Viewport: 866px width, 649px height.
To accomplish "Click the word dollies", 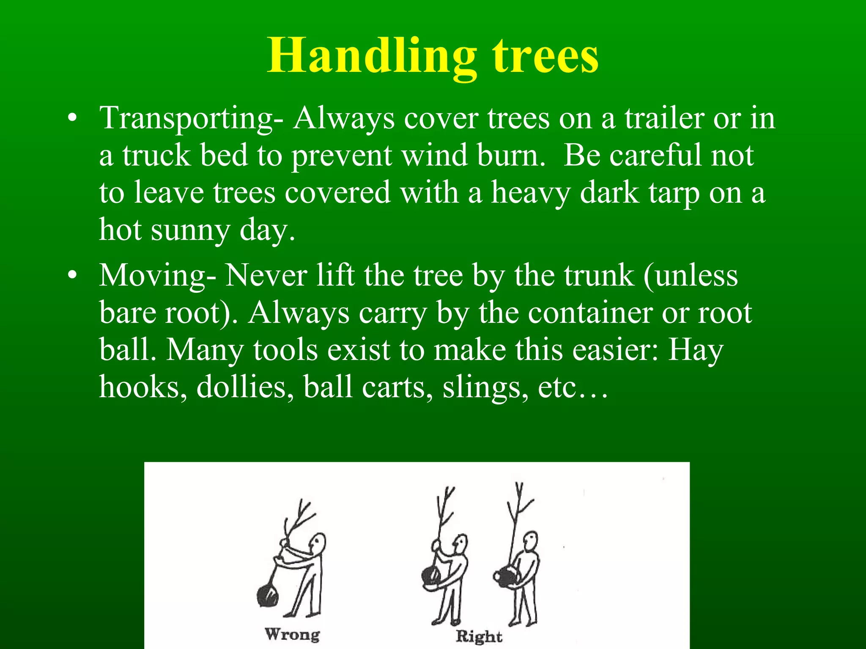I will coord(245,387).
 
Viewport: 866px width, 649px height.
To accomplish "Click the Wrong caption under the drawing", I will coord(292,634).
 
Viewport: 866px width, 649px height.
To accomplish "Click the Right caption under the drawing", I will coord(479,636).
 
